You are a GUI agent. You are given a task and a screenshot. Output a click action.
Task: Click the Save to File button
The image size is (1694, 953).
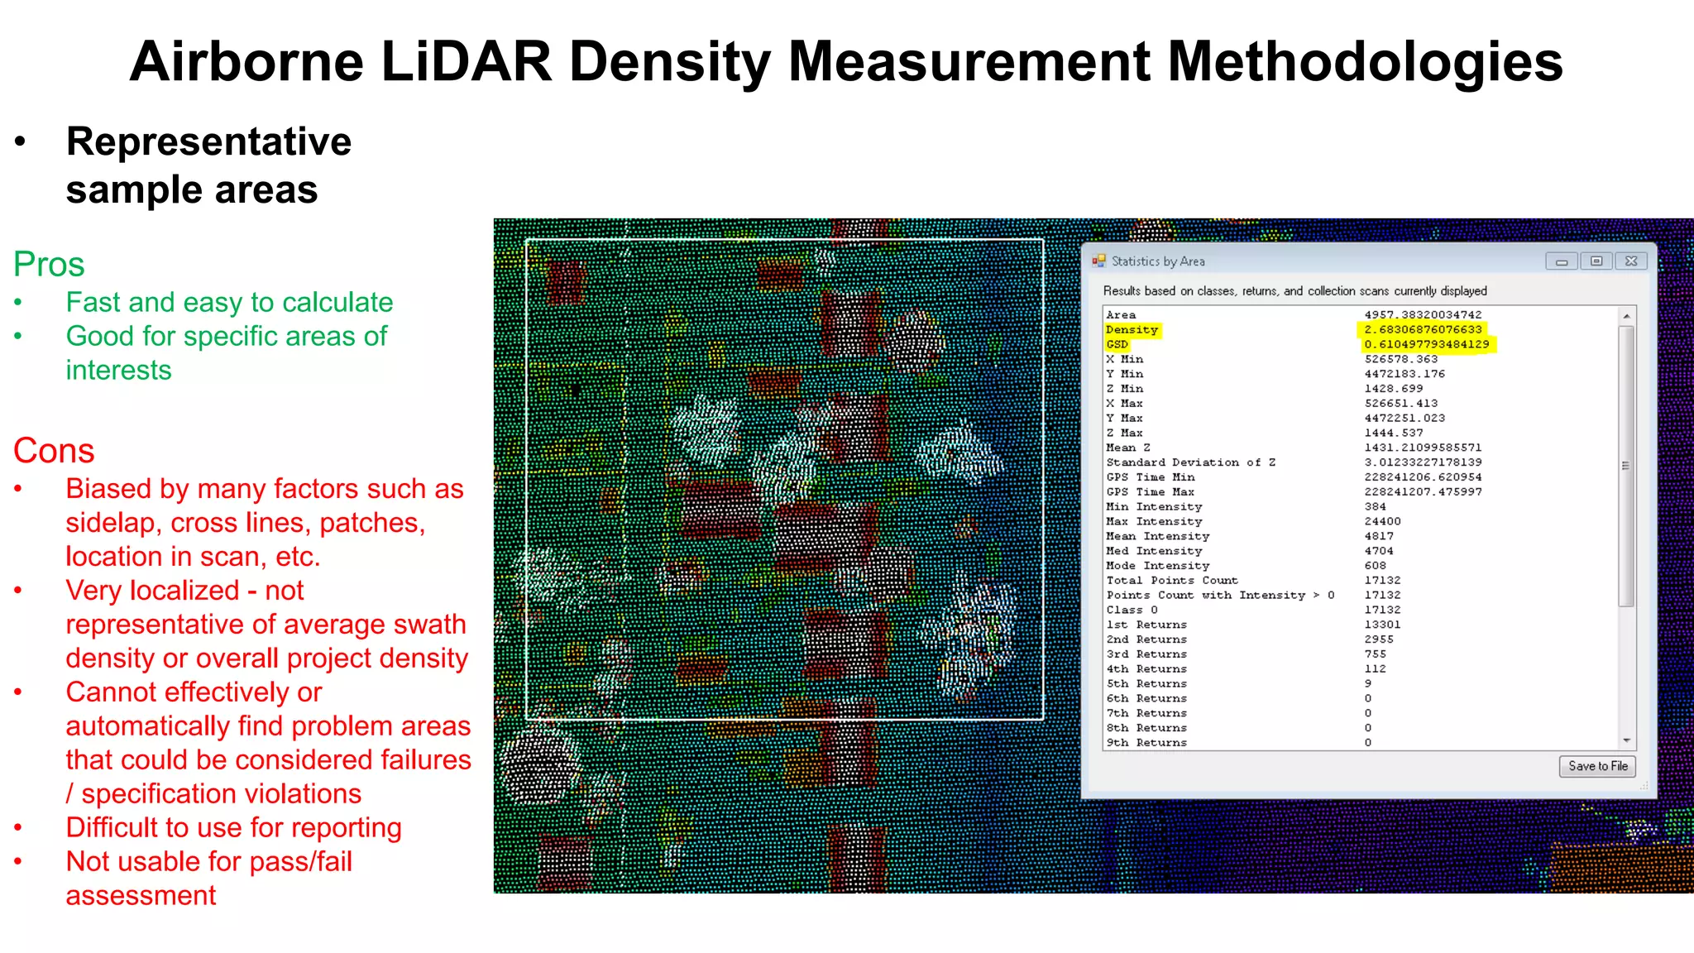click(x=1597, y=766)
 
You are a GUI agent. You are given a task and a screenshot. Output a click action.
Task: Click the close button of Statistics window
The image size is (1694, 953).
click(x=1630, y=261)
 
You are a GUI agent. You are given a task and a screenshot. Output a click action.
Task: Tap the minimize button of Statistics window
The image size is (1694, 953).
click(x=1561, y=261)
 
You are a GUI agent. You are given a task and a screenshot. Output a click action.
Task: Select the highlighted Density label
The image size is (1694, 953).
click(x=1132, y=329)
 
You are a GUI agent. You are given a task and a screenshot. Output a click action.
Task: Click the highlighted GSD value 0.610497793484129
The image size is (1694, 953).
click(x=1426, y=344)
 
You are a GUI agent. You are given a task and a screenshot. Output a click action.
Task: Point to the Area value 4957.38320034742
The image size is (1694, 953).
click(x=1423, y=314)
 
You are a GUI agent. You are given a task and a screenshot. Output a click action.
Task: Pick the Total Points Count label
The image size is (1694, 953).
click(x=1171, y=580)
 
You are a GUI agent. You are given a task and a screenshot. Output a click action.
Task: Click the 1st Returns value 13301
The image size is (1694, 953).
click(x=1382, y=625)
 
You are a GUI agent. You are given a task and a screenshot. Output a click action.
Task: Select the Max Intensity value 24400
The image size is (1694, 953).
click(x=1382, y=521)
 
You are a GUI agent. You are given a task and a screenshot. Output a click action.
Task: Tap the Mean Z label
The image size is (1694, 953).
click(x=1127, y=448)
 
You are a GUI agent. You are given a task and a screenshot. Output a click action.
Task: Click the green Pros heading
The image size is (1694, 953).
click(x=49, y=265)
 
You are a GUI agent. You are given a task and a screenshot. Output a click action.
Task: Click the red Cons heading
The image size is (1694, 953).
click(x=54, y=451)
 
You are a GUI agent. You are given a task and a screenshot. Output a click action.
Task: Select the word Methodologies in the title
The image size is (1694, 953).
click(x=1365, y=62)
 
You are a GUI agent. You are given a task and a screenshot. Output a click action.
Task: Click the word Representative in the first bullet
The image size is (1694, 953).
click(x=208, y=141)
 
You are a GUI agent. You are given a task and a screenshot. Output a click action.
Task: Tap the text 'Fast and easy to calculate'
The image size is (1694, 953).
click(x=229, y=303)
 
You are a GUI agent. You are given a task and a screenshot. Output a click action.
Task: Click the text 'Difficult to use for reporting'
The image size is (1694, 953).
click(x=233, y=827)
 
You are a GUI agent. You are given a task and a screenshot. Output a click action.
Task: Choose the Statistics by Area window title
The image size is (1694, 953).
click(x=1158, y=261)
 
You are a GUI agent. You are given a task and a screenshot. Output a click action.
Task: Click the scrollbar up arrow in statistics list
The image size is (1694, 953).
click(x=1626, y=316)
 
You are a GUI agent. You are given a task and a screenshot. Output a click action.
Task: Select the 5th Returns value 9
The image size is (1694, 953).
click(x=1368, y=683)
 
